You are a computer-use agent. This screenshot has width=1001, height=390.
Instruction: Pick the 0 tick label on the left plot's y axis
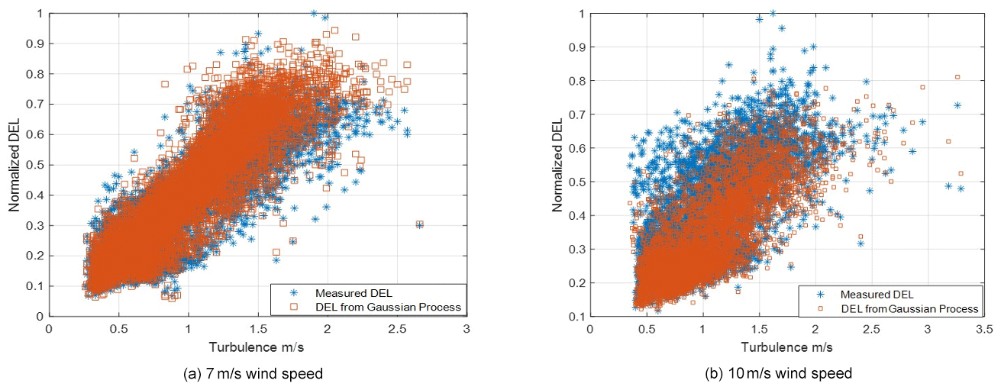pos(40,315)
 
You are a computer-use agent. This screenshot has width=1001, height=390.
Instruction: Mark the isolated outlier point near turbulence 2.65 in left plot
pos(419,224)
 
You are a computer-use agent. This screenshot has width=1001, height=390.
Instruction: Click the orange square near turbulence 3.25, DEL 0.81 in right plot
pos(957,77)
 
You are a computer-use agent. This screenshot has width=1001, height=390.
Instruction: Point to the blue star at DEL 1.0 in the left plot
pos(314,13)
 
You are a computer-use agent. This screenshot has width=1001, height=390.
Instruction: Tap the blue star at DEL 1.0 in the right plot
pos(773,13)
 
